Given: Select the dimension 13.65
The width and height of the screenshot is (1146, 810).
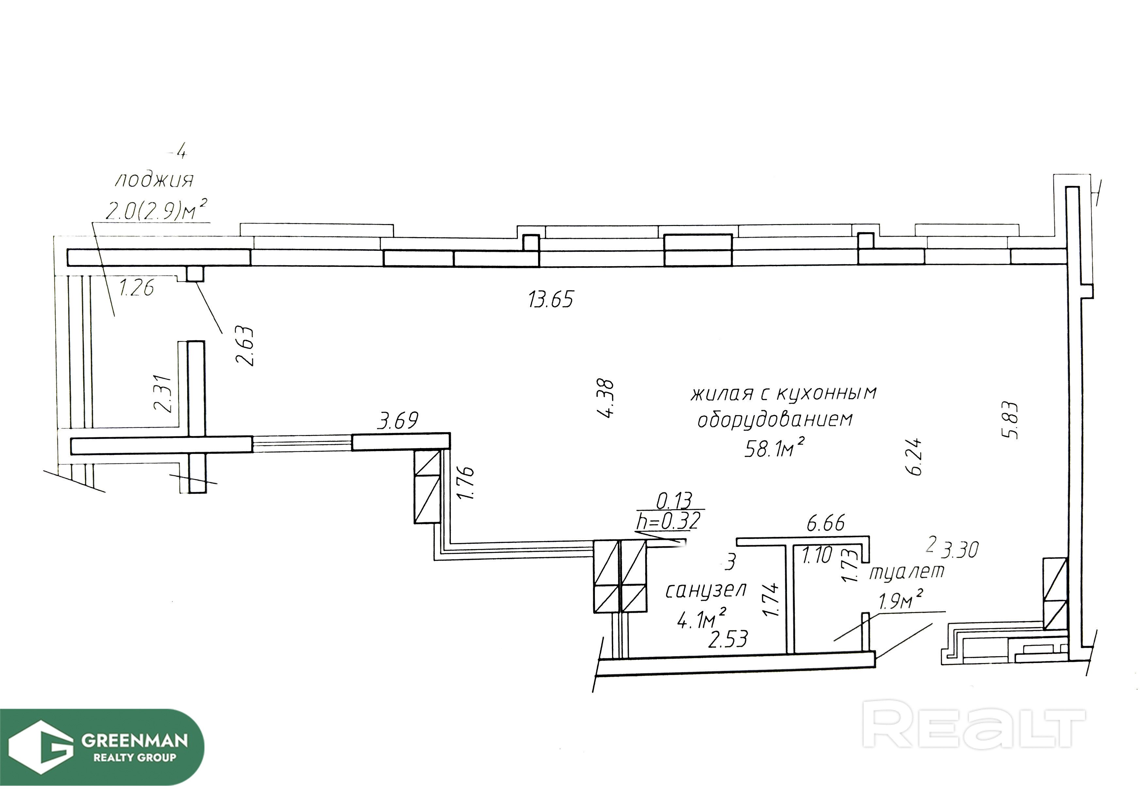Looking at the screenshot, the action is click(x=551, y=300).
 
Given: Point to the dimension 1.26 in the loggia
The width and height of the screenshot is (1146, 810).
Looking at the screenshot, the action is click(x=136, y=288).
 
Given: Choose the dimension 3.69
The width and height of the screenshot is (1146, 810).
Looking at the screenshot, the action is click(x=398, y=421).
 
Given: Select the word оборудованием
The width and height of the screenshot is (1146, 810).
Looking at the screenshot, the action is click(x=775, y=420).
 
